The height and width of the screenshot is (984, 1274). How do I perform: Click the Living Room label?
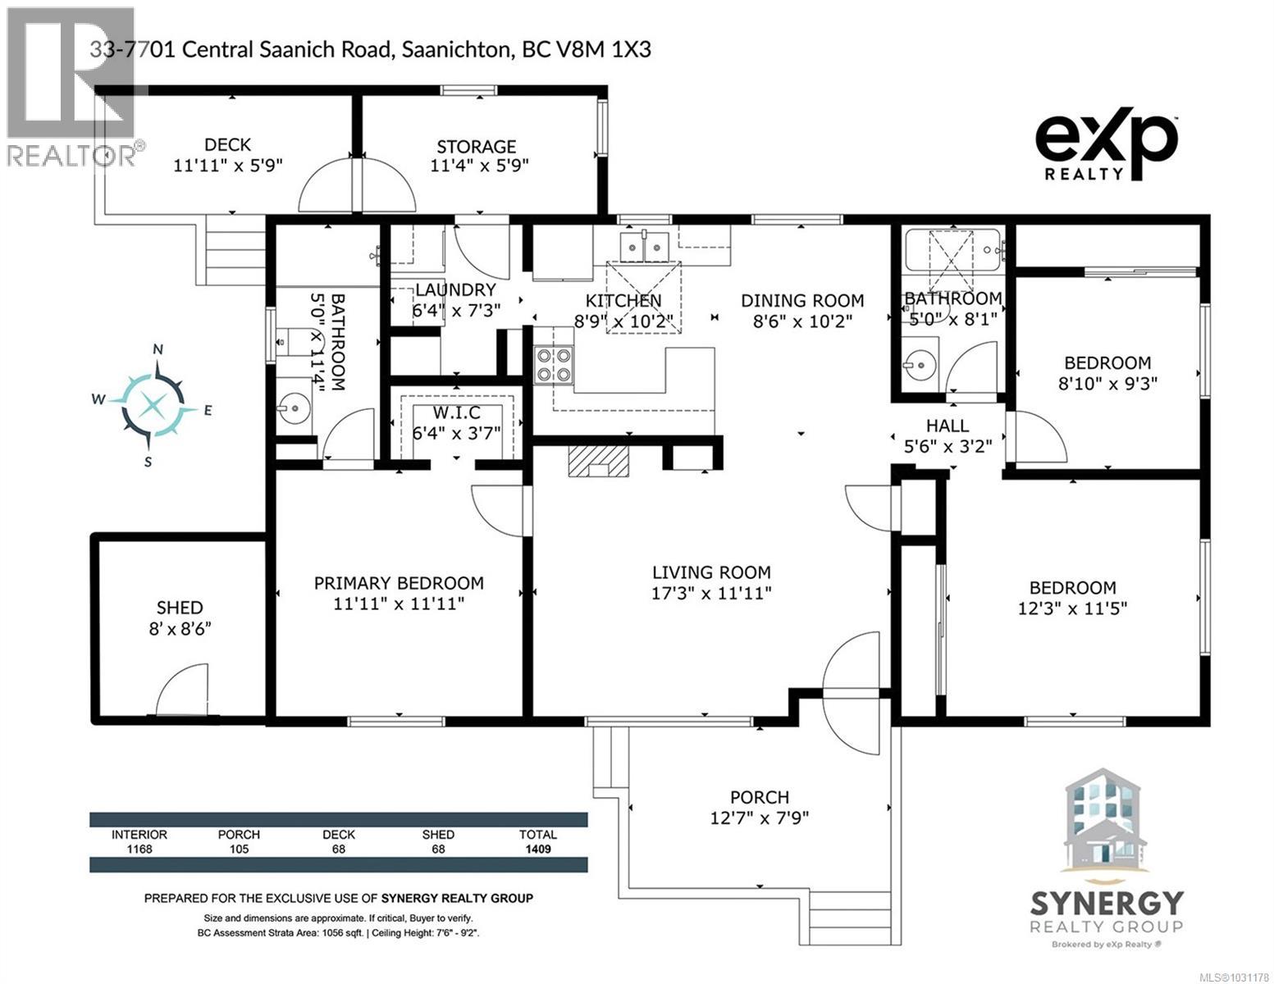coord(711,572)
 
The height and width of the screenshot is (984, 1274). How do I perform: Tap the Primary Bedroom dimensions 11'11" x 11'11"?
coord(399,604)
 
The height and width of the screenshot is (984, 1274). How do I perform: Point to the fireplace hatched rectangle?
coord(596,461)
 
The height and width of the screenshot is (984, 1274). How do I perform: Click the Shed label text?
coord(180,608)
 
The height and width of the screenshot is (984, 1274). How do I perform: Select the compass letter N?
coord(158,350)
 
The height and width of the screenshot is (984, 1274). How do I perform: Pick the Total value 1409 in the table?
coord(537,850)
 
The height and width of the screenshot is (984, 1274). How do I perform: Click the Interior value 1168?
coord(139,850)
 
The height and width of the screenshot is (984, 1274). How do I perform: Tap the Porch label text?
coord(760,797)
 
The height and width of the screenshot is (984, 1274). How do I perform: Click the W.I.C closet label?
coord(457,412)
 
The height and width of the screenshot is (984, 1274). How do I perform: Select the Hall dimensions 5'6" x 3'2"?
coord(948,447)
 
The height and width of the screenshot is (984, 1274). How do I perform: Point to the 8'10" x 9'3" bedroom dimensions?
coord(1107,383)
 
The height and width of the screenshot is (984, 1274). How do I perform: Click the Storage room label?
coord(476,146)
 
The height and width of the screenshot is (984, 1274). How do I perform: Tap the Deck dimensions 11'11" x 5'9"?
coord(228,165)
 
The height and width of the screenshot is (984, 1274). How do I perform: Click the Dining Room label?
coord(802,300)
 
